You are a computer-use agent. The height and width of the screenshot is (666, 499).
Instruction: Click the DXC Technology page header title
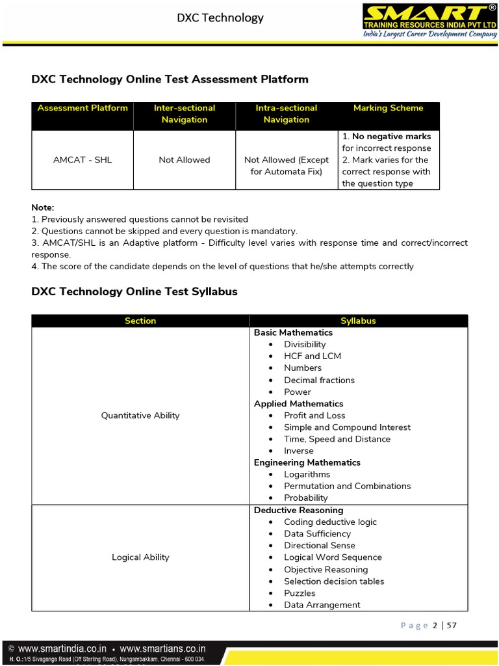tap(220, 18)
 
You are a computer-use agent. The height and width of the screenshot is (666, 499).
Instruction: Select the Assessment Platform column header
tap(83, 108)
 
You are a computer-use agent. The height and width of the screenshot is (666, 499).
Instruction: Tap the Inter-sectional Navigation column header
tap(185, 114)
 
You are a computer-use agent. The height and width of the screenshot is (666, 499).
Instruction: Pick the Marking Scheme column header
tap(388, 108)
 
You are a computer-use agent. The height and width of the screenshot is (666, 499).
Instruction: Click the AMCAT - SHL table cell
tap(83, 160)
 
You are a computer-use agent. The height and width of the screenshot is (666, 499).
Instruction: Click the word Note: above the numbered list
tap(43, 207)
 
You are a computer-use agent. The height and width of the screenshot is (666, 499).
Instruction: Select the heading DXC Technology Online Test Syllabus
tap(134, 291)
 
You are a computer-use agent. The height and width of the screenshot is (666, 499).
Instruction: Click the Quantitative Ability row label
tap(140, 416)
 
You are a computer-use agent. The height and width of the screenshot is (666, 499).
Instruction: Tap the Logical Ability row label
tap(140, 557)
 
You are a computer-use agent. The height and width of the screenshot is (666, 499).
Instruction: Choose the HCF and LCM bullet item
tap(312, 356)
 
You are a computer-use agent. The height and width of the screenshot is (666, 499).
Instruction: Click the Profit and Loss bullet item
tap(314, 416)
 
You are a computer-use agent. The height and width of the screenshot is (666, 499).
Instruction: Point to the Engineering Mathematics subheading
tap(307, 462)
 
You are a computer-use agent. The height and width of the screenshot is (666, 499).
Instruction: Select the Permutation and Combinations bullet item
tap(347, 486)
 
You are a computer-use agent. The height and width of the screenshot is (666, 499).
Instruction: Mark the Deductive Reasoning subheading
tap(298, 511)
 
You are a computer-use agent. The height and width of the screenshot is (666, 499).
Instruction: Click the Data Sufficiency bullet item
tap(317, 534)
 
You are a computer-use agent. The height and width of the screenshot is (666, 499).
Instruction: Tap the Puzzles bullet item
tap(300, 593)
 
